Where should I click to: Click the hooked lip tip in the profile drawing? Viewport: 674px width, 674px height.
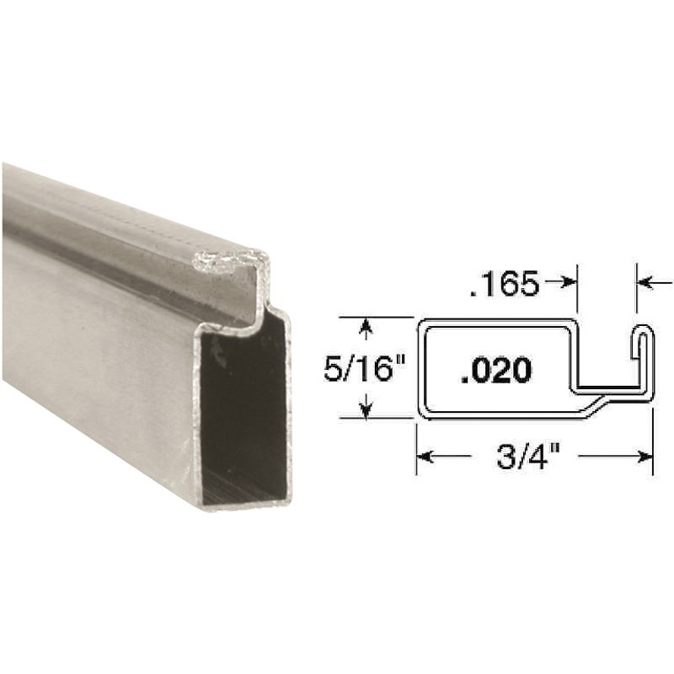644,329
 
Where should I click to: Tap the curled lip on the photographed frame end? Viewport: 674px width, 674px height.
227,262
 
